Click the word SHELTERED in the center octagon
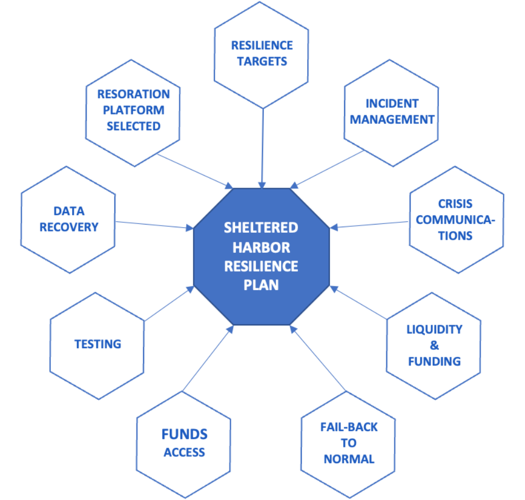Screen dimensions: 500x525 pyautogui.click(x=261, y=228)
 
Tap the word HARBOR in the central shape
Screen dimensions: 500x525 pyautogui.click(x=261, y=247)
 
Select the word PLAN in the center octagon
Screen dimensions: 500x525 pyautogui.click(x=261, y=284)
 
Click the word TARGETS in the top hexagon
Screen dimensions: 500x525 pyautogui.click(x=262, y=61)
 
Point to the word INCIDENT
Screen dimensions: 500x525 pyautogui.click(x=392, y=104)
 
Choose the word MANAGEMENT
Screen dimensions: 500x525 pyautogui.click(x=392, y=119)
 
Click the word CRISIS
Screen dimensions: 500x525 pyautogui.click(x=455, y=204)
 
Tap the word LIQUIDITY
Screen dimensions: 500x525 pyautogui.click(x=435, y=329)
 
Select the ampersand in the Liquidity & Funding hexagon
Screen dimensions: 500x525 pyautogui.click(x=434, y=345)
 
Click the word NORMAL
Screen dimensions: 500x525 pyautogui.click(x=348, y=459)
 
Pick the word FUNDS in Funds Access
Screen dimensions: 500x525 pyautogui.click(x=184, y=434)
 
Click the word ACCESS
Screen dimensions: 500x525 pyautogui.click(x=184, y=452)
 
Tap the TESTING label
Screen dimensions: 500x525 pyautogui.click(x=98, y=344)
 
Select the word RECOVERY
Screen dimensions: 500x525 pyautogui.click(x=69, y=227)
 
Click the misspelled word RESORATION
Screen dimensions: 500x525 pyautogui.click(x=133, y=94)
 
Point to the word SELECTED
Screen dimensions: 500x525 pyautogui.click(x=133, y=126)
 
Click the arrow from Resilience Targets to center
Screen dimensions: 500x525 pyautogui.click(x=262, y=146)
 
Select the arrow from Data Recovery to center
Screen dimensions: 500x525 pyautogui.click(x=154, y=225)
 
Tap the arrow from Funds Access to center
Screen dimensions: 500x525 pyautogui.click(x=209, y=357)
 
